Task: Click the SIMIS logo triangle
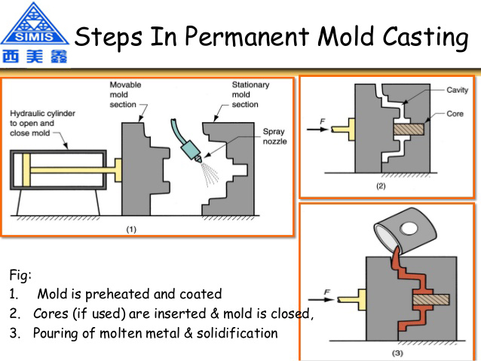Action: (x=34, y=23)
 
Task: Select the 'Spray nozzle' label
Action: (x=273, y=136)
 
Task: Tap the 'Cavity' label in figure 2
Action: (x=457, y=90)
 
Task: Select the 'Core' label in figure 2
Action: (x=454, y=115)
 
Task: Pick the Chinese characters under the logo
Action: (x=34, y=57)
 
